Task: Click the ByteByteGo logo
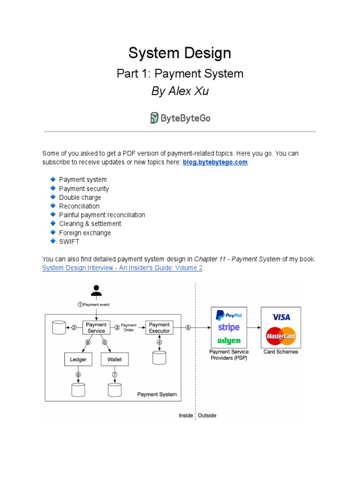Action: coord(180,118)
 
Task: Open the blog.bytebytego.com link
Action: coord(215,162)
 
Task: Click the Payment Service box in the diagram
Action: coord(96,328)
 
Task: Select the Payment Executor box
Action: coord(159,328)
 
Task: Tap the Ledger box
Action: coord(78,360)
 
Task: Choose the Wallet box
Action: coord(114,360)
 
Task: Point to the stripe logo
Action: coord(229,328)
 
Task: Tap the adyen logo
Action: coord(229,341)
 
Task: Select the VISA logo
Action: coord(281,317)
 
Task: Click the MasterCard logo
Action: coord(281,336)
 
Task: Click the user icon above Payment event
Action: coord(96,291)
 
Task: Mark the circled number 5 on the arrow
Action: coord(188,328)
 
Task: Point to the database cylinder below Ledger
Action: coord(78,390)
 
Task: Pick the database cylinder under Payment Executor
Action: coord(159,358)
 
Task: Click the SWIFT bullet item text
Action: coord(69,242)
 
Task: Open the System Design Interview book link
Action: coord(122,268)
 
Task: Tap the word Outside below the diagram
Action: coord(207,415)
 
